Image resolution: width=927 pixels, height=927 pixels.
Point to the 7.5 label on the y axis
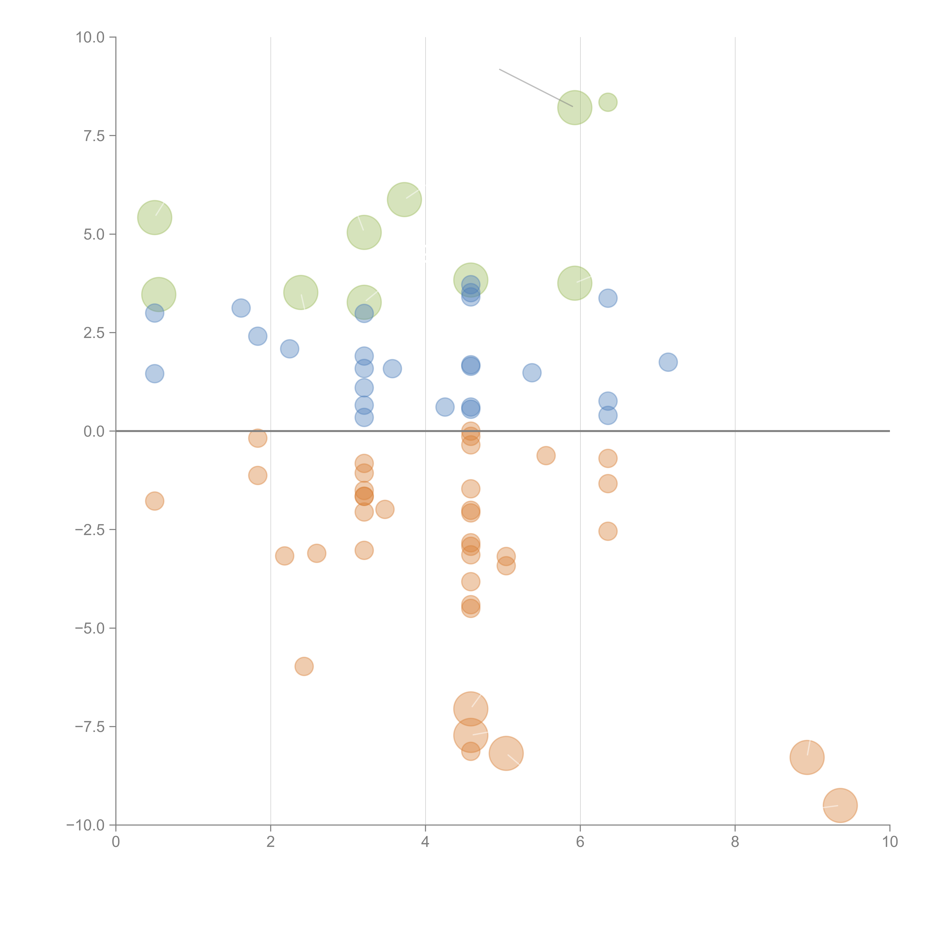94,136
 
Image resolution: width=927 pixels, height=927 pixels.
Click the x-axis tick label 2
271,842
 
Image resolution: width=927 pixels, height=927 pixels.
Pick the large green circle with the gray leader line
574,108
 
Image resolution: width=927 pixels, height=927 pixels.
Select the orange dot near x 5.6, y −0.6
546,455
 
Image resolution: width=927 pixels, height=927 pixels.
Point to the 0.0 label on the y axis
94,431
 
